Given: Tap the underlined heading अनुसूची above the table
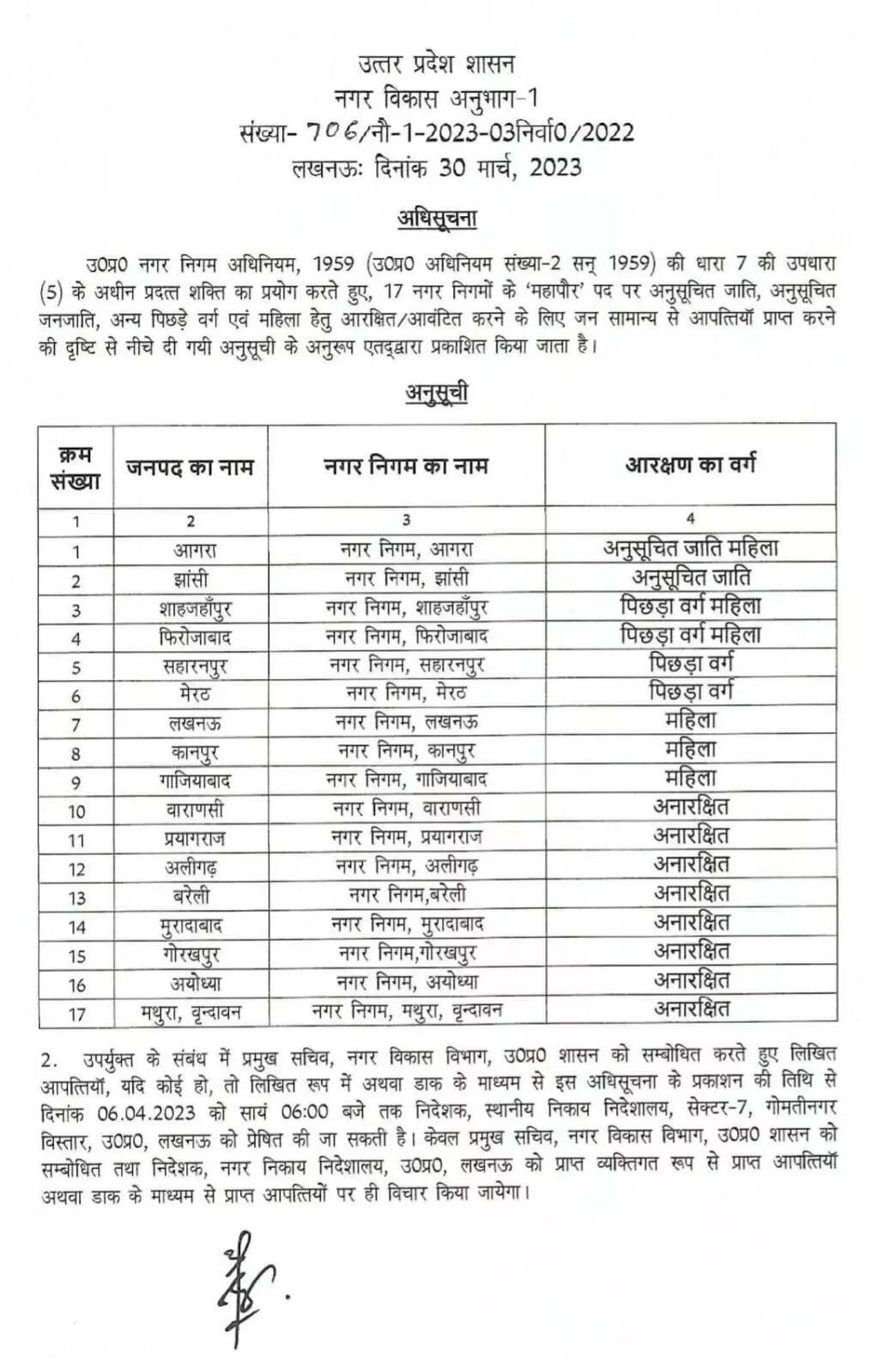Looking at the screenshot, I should (x=437, y=393).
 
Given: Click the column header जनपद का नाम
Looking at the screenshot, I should (x=191, y=467).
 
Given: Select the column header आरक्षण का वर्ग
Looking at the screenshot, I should (x=690, y=466).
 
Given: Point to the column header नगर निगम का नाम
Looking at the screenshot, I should (x=406, y=466).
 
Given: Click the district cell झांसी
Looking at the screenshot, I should (x=191, y=579).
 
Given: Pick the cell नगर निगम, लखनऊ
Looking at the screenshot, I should (x=406, y=722).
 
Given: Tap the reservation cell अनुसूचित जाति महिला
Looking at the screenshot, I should (x=690, y=548).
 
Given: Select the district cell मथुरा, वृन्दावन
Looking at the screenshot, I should (x=191, y=1013).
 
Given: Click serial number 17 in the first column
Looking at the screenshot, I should (x=76, y=1014).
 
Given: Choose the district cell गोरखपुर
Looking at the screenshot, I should (x=191, y=954).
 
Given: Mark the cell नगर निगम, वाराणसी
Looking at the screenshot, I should (x=406, y=809).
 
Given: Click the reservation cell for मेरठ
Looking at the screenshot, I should (x=690, y=691).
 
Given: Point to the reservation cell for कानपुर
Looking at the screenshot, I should (x=690, y=749).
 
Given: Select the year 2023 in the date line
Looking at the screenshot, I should (x=554, y=167).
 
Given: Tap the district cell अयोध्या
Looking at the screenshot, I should (x=191, y=983).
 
